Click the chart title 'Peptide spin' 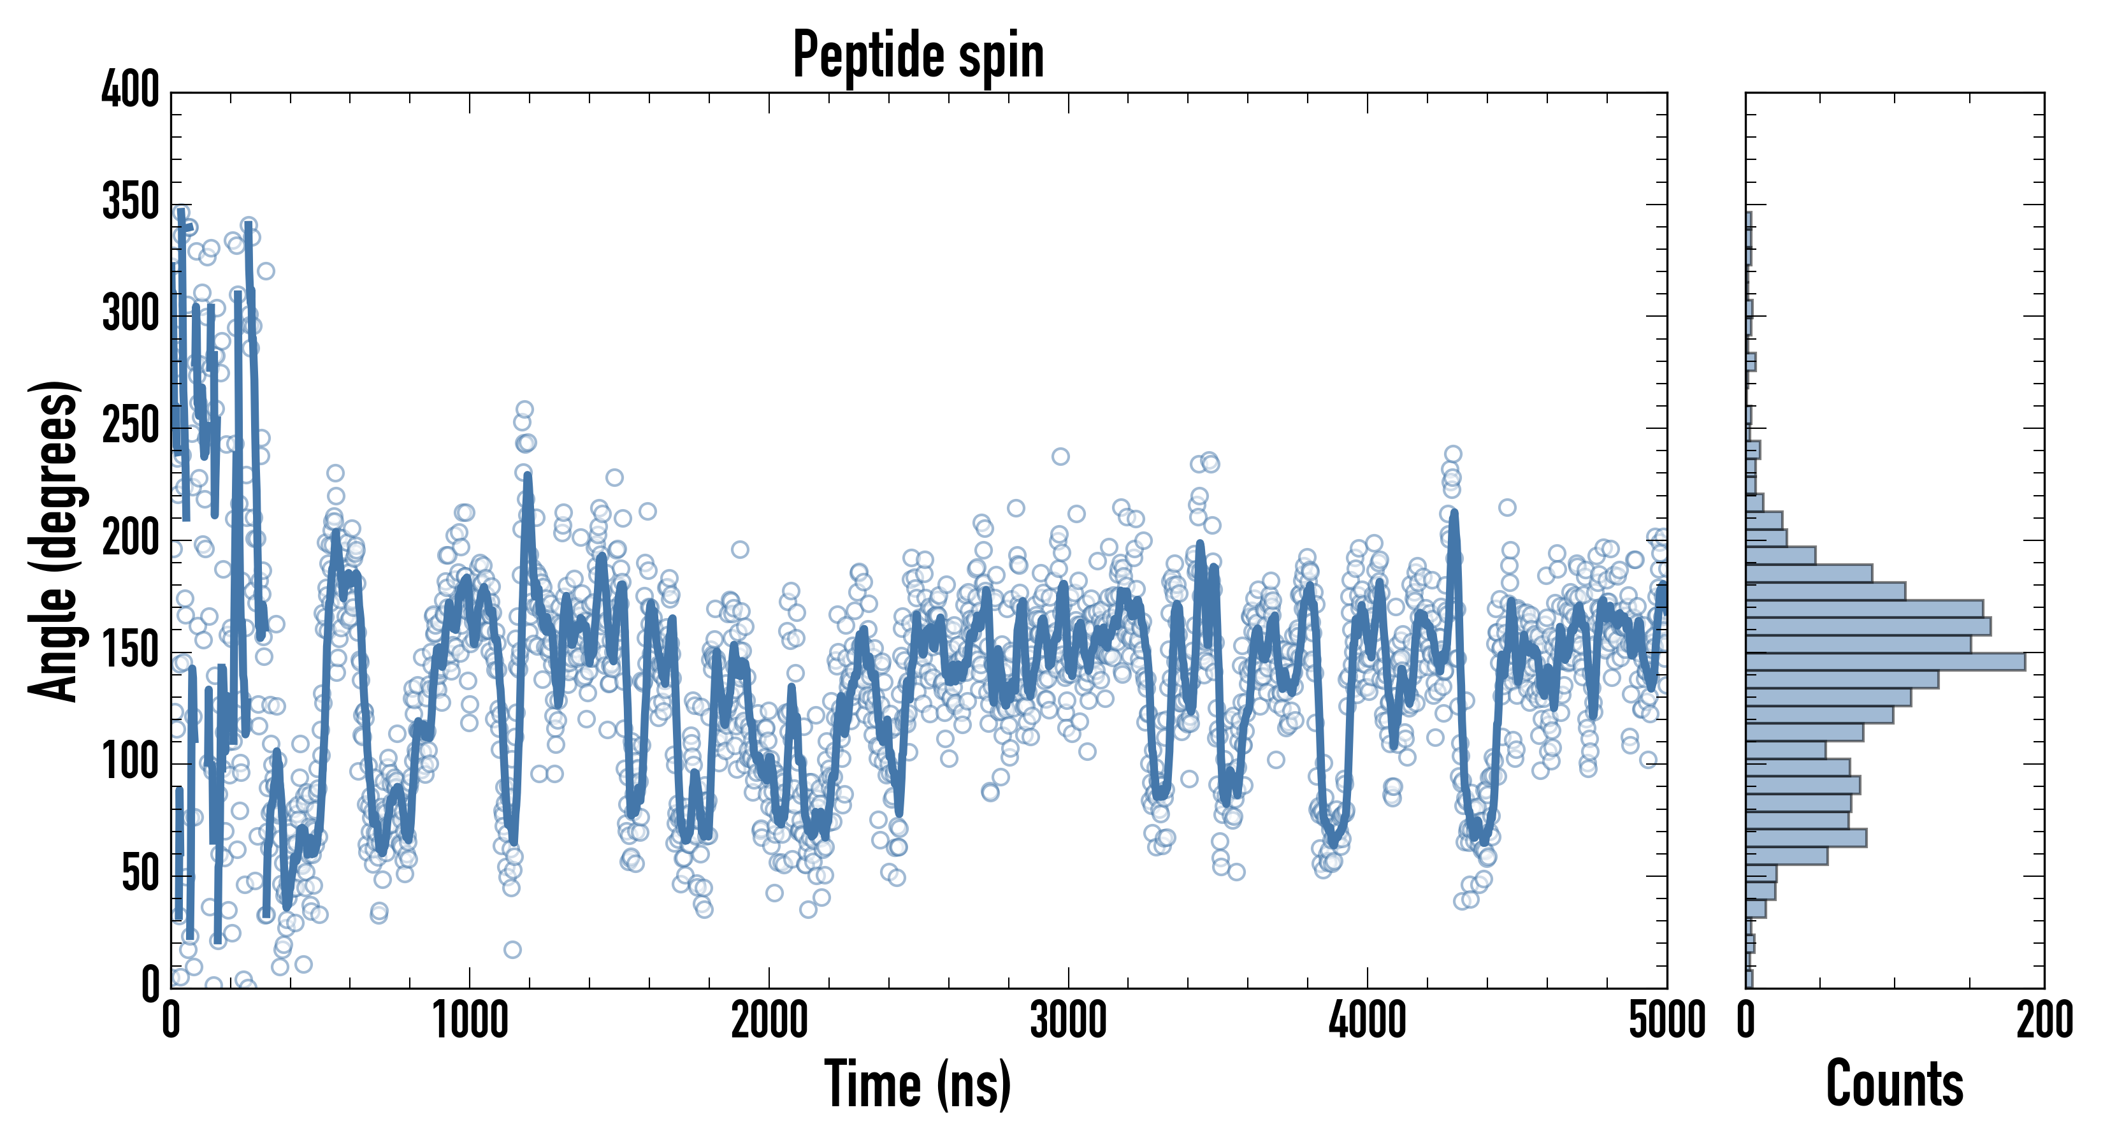pos(918,55)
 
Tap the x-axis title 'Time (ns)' pos(918,1084)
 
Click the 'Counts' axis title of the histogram pos(1895,1084)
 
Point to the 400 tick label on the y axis pos(131,90)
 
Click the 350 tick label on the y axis pos(131,203)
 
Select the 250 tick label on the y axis pos(131,426)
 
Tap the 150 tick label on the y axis pos(131,651)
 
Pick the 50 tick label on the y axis pos(140,874)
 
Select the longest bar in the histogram pos(1886,662)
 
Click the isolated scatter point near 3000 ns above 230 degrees pos(1060,456)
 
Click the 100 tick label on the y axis pos(131,763)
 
